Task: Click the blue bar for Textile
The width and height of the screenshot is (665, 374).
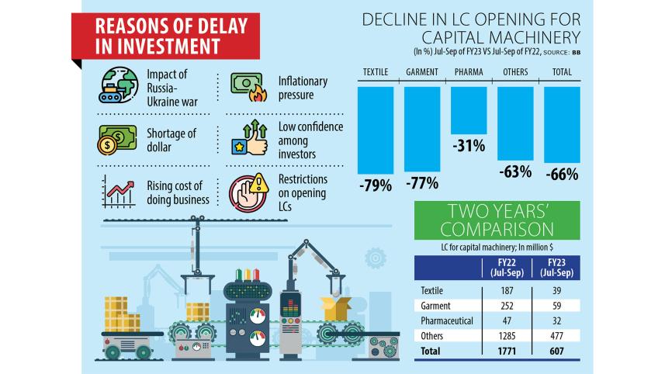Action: pos(376,130)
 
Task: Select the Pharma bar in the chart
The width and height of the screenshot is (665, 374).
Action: pos(469,110)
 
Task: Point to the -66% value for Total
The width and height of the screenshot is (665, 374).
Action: pos(563,175)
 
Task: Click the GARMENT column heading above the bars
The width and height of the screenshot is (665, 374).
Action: pos(422,73)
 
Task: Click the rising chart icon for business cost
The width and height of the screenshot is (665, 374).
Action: pos(117,191)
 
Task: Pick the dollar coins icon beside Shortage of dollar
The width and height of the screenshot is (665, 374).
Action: pos(117,140)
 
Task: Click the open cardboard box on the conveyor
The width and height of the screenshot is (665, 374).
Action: pos(338,306)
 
